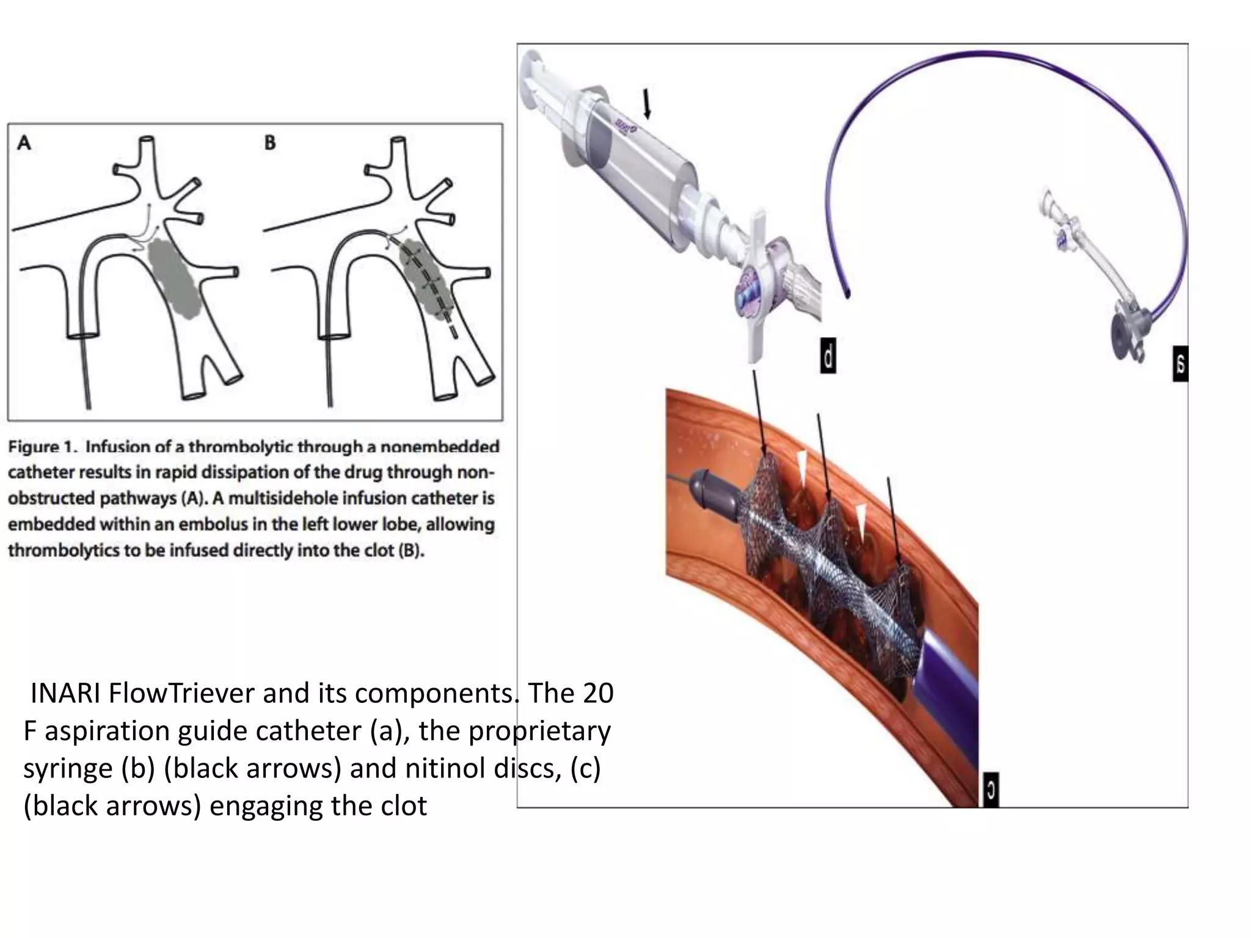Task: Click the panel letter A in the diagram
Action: [23, 144]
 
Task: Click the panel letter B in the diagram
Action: [270, 143]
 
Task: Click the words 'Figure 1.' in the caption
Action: [42, 446]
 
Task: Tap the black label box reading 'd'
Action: [828, 357]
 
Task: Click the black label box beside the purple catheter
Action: [1180, 364]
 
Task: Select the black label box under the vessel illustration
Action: [991, 791]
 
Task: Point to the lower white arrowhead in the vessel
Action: [861, 521]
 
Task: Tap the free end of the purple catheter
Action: [847, 296]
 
